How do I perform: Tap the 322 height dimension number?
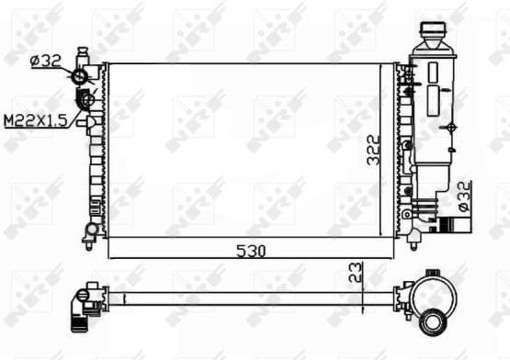point(374,150)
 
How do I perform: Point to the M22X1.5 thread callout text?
point(35,120)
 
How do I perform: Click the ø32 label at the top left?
point(46,62)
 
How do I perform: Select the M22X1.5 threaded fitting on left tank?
point(88,100)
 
